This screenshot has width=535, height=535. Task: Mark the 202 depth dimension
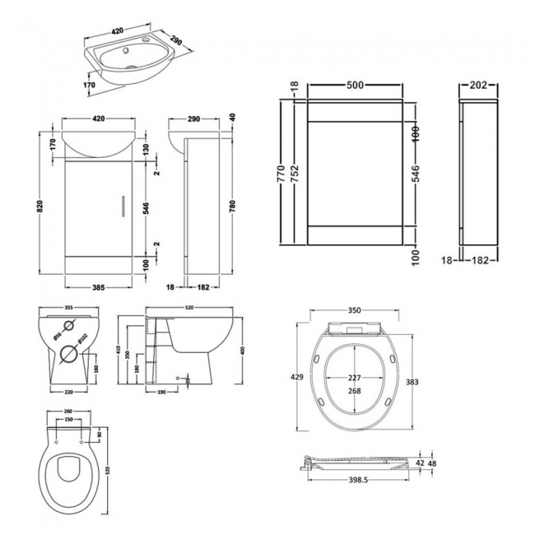coord(477,86)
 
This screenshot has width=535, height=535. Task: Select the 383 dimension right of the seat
coord(414,381)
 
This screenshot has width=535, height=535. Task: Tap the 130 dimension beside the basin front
coord(145,147)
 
